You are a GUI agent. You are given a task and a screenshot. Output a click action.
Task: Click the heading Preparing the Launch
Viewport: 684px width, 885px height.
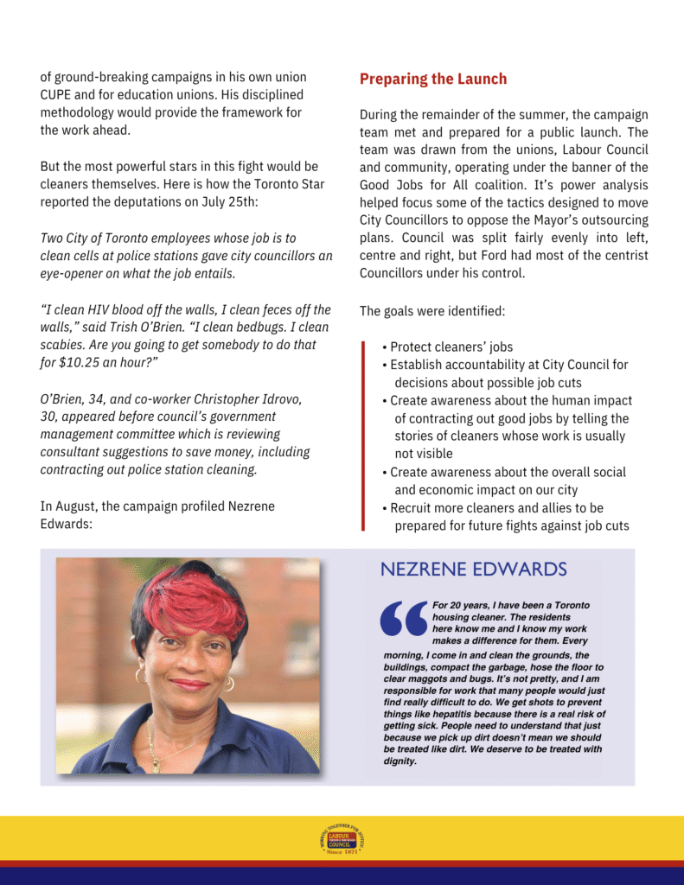click(x=433, y=80)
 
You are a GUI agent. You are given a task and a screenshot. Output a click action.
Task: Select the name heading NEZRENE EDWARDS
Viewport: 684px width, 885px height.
click(x=474, y=570)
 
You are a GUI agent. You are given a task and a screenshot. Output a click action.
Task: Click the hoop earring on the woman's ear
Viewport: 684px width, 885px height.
click(x=229, y=684)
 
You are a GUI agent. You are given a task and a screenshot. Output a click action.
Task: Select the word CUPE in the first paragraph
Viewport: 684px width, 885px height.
click(x=56, y=95)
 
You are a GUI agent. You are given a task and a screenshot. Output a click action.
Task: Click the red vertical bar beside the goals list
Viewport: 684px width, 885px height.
click(x=364, y=435)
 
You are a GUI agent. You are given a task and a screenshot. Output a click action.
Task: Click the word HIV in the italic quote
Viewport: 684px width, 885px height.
click(x=109, y=310)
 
